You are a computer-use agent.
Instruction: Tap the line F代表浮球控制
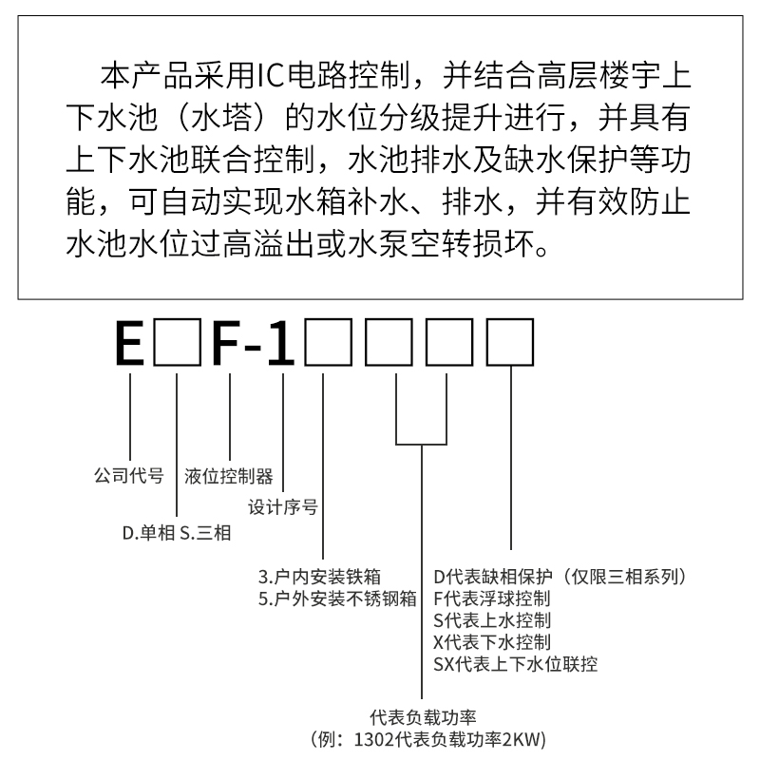point(491,598)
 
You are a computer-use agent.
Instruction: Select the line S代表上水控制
point(491,620)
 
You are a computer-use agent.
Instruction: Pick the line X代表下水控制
point(491,642)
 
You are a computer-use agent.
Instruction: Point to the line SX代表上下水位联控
point(515,664)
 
